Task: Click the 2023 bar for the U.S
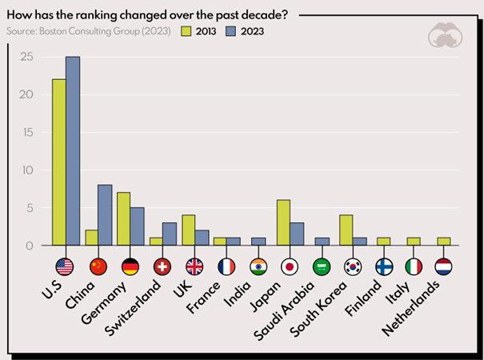pyautogui.click(x=74, y=151)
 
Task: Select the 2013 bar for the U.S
pyautogui.click(x=58, y=162)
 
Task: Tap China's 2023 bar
pyautogui.click(x=105, y=215)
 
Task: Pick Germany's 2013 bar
pyautogui.click(x=123, y=218)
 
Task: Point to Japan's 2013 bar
pyautogui.click(x=283, y=222)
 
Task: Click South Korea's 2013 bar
pyautogui.click(x=346, y=230)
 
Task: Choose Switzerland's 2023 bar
pyautogui.click(x=170, y=234)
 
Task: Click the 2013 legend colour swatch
pyautogui.click(x=186, y=31)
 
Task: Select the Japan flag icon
pyautogui.click(x=290, y=266)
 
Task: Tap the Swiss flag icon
pyautogui.click(x=162, y=266)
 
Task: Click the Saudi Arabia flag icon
pyautogui.click(x=322, y=266)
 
